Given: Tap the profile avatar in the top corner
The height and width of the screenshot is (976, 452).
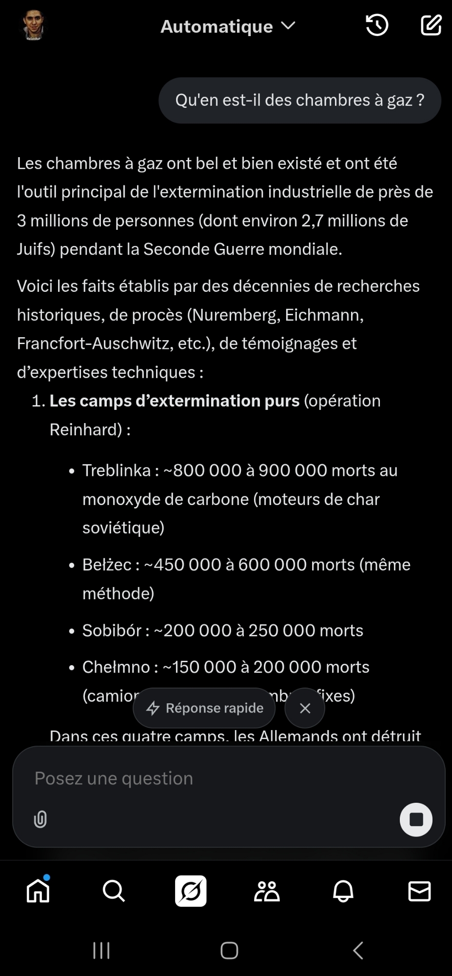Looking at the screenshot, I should [34, 25].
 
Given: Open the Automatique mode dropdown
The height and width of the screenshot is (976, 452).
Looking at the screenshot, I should [228, 26].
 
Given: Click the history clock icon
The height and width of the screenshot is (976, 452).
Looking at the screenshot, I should [377, 25].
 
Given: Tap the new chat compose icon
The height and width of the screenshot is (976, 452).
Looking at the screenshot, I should [431, 25].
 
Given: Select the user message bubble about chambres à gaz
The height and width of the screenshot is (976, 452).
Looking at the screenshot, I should [299, 100].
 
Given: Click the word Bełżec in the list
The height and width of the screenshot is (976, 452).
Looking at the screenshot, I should [107, 565].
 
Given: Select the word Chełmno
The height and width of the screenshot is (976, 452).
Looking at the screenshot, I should [116, 667].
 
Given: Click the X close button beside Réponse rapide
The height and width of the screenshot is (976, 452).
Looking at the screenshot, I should [305, 708].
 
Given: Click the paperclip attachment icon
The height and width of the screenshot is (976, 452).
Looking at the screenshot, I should [40, 819].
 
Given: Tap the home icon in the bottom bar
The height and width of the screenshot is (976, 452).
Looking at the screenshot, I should [38, 891].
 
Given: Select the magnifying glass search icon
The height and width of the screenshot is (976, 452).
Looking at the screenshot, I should [114, 891].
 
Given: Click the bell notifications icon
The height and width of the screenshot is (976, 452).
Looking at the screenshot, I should [343, 891].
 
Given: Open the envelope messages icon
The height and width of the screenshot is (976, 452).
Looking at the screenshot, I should [419, 891].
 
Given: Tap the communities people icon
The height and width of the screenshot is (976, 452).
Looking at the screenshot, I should [267, 891].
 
